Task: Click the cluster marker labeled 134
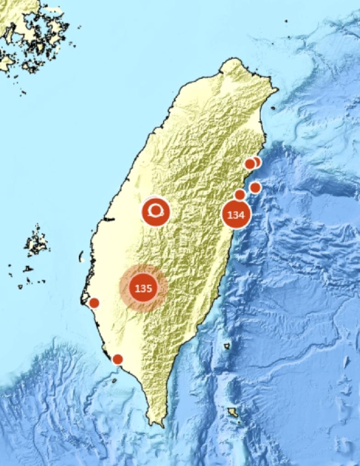tap(236, 214)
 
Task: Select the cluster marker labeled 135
tap(143, 288)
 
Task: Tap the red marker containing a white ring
tap(156, 212)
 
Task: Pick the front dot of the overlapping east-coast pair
tap(250, 164)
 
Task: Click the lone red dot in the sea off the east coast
tap(255, 187)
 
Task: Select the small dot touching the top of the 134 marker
tap(240, 195)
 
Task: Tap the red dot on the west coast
tap(94, 303)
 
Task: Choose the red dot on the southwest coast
tap(118, 359)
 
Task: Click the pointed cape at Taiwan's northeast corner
tap(276, 90)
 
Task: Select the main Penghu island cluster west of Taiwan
tap(37, 241)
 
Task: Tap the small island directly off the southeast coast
tap(227, 346)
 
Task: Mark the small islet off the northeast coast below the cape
tap(273, 108)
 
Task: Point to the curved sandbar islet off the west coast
tap(81, 257)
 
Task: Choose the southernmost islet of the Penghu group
tap(20, 286)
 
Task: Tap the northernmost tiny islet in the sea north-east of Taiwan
tap(286, 21)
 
